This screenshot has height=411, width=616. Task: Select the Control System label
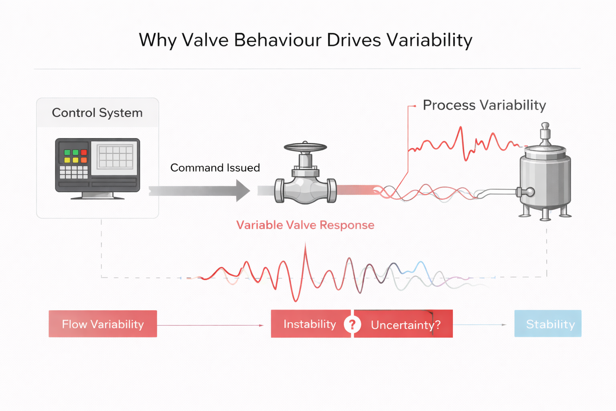coord(97,113)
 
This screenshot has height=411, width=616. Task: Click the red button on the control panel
coord(84,153)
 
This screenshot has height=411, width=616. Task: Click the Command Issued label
coord(215,168)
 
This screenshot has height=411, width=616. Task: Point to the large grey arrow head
coord(242,191)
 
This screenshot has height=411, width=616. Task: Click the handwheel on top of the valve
coord(305,147)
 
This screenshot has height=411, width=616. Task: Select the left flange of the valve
coord(279,191)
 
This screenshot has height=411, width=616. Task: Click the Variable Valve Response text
coord(305,225)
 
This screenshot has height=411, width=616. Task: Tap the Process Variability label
coord(484,105)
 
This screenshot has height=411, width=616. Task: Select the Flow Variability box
coord(103,324)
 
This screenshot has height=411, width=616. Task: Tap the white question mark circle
coord(352,324)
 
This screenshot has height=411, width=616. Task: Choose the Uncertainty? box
coord(405,324)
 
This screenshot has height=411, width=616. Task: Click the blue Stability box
coord(548,324)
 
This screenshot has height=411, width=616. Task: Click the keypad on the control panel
coord(74,172)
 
